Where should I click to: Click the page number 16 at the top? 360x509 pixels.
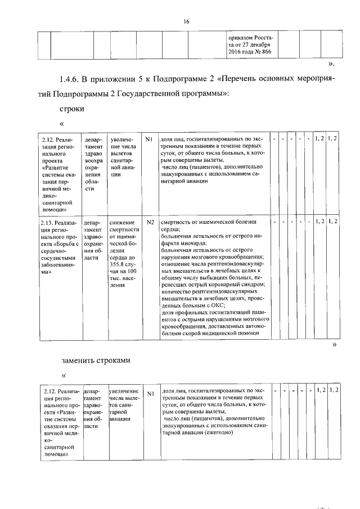pos(186,21)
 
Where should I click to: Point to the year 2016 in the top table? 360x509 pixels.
pos(237,52)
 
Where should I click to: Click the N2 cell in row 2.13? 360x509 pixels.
pos(150,222)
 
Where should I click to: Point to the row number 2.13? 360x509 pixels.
pos(48,222)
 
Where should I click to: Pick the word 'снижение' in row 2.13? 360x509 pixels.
pos(123,222)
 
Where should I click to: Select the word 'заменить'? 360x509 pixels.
pos(78,359)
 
